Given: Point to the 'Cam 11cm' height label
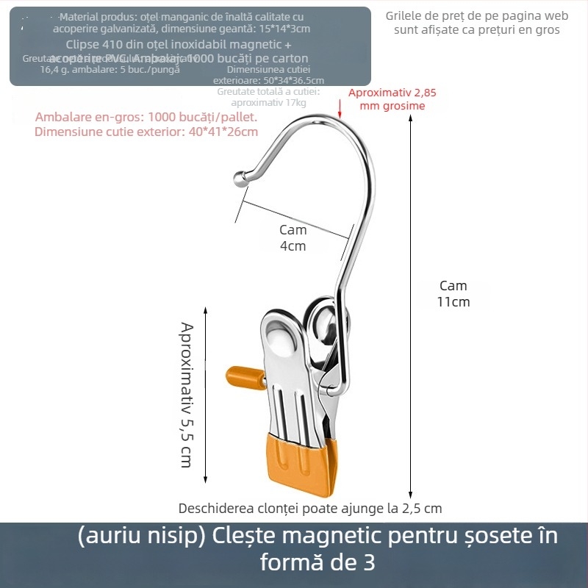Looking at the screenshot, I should pyautogui.click(x=453, y=294).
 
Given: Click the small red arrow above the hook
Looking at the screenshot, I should pyautogui.click(x=340, y=108).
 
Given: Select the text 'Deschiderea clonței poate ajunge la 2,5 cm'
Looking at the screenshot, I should pyautogui.click(x=310, y=508).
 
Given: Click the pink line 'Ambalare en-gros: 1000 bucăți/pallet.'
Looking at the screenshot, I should pyautogui.click(x=146, y=117).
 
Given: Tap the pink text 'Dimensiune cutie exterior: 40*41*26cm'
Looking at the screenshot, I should pyautogui.click(x=146, y=132).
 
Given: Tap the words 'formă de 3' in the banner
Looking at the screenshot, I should pyautogui.click(x=318, y=564).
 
